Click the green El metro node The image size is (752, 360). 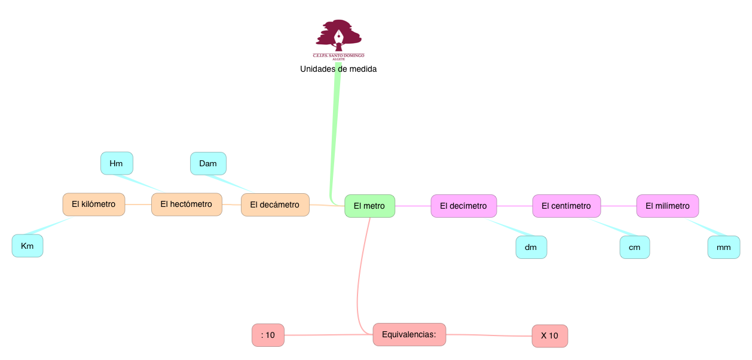[x=369, y=206]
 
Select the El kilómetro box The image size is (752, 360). [x=93, y=205]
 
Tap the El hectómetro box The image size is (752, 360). [x=186, y=205]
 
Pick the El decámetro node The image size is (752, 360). [x=274, y=205]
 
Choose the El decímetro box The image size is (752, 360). [x=463, y=206]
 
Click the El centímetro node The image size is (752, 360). [x=566, y=206]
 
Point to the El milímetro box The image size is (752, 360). [x=667, y=206]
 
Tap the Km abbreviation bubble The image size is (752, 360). [x=27, y=246]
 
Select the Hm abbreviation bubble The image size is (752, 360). [x=117, y=163]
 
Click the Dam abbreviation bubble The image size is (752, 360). [x=208, y=163]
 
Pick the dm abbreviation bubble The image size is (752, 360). [x=531, y=247]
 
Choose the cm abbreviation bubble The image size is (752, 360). [x=634, y=247]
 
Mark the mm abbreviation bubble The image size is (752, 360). [x=723, y=247]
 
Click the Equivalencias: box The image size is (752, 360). [x=409, y=334]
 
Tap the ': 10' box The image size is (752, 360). [x=268, y=335]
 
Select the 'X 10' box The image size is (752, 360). [x=549, y=335]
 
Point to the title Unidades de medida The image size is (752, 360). [x=338, y=69]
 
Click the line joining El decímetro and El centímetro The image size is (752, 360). [x=514, y=206]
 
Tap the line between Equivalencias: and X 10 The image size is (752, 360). [x=489, y=335]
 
